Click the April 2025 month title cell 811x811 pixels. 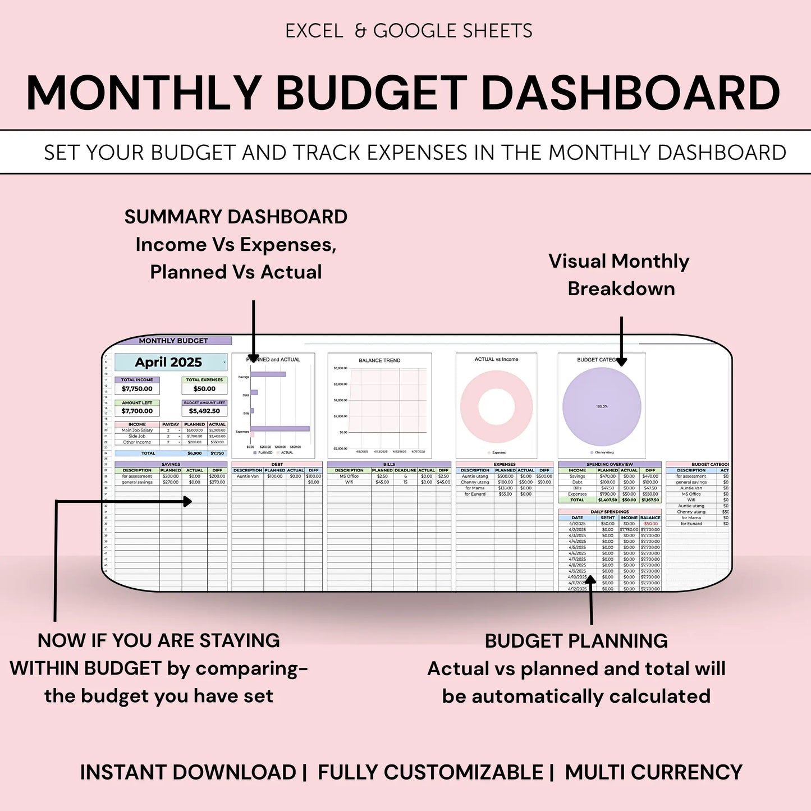(168, 362)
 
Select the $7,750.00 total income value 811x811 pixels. (137, 388)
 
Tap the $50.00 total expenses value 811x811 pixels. (204, 388)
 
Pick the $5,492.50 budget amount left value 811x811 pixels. (204, 411)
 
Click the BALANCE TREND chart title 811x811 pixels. (379, 360)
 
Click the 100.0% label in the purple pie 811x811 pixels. (602, 406)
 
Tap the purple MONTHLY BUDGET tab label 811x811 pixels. (173, 341)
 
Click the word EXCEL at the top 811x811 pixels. (314, 31)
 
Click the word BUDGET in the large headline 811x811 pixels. (372, 93)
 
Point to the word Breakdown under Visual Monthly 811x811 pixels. (621, 288)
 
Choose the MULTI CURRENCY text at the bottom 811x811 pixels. (653, 772)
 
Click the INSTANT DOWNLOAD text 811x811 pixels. (187, 772)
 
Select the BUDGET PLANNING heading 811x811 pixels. (576, 641)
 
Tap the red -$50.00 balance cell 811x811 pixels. (650, 524)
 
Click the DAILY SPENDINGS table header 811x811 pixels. (610, 512)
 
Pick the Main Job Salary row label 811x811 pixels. (137, 430)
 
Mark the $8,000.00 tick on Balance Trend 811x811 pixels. (341, 368)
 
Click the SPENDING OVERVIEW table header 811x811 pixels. (610, 465)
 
